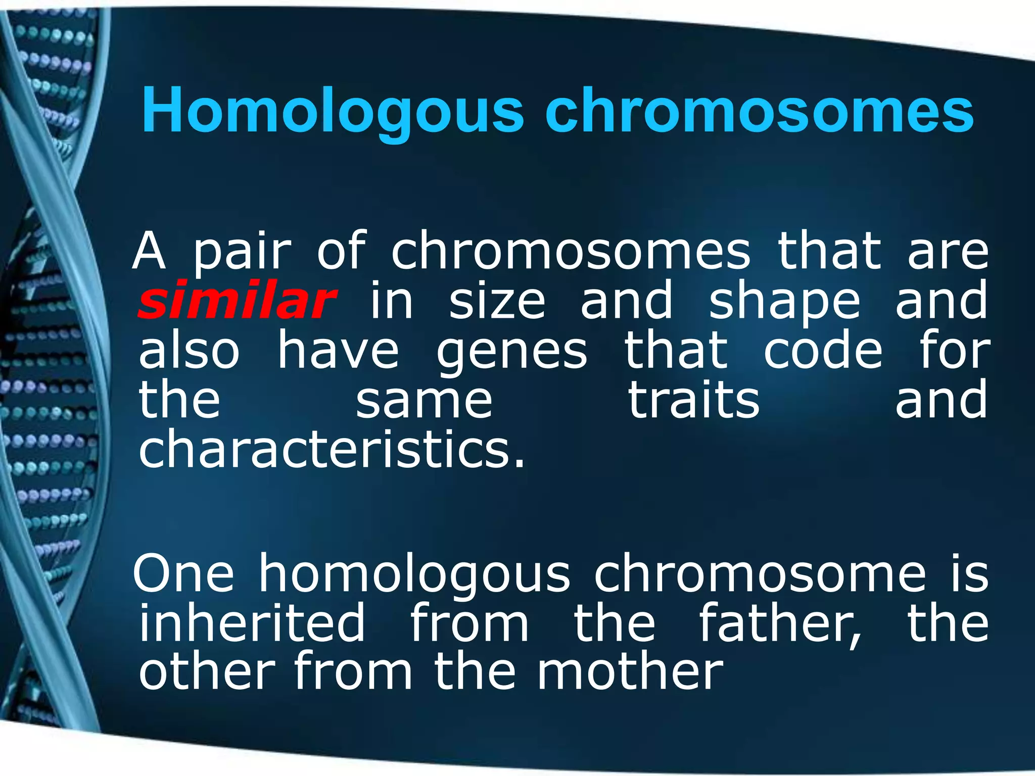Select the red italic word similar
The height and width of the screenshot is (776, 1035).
click(237, 301)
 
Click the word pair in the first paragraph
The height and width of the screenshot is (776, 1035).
click(243, 252)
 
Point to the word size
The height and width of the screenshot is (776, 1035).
click(497, 301)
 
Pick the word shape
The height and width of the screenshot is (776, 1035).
click(784, 302)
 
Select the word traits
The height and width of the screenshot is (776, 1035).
click(693, 400)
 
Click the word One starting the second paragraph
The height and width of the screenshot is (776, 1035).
click(183, 574)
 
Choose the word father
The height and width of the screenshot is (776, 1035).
click(780, 623)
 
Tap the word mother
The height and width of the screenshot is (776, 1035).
click(630, 672)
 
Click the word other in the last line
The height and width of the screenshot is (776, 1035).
click(207, 672)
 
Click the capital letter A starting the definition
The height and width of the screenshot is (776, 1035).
click(149, 251)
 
